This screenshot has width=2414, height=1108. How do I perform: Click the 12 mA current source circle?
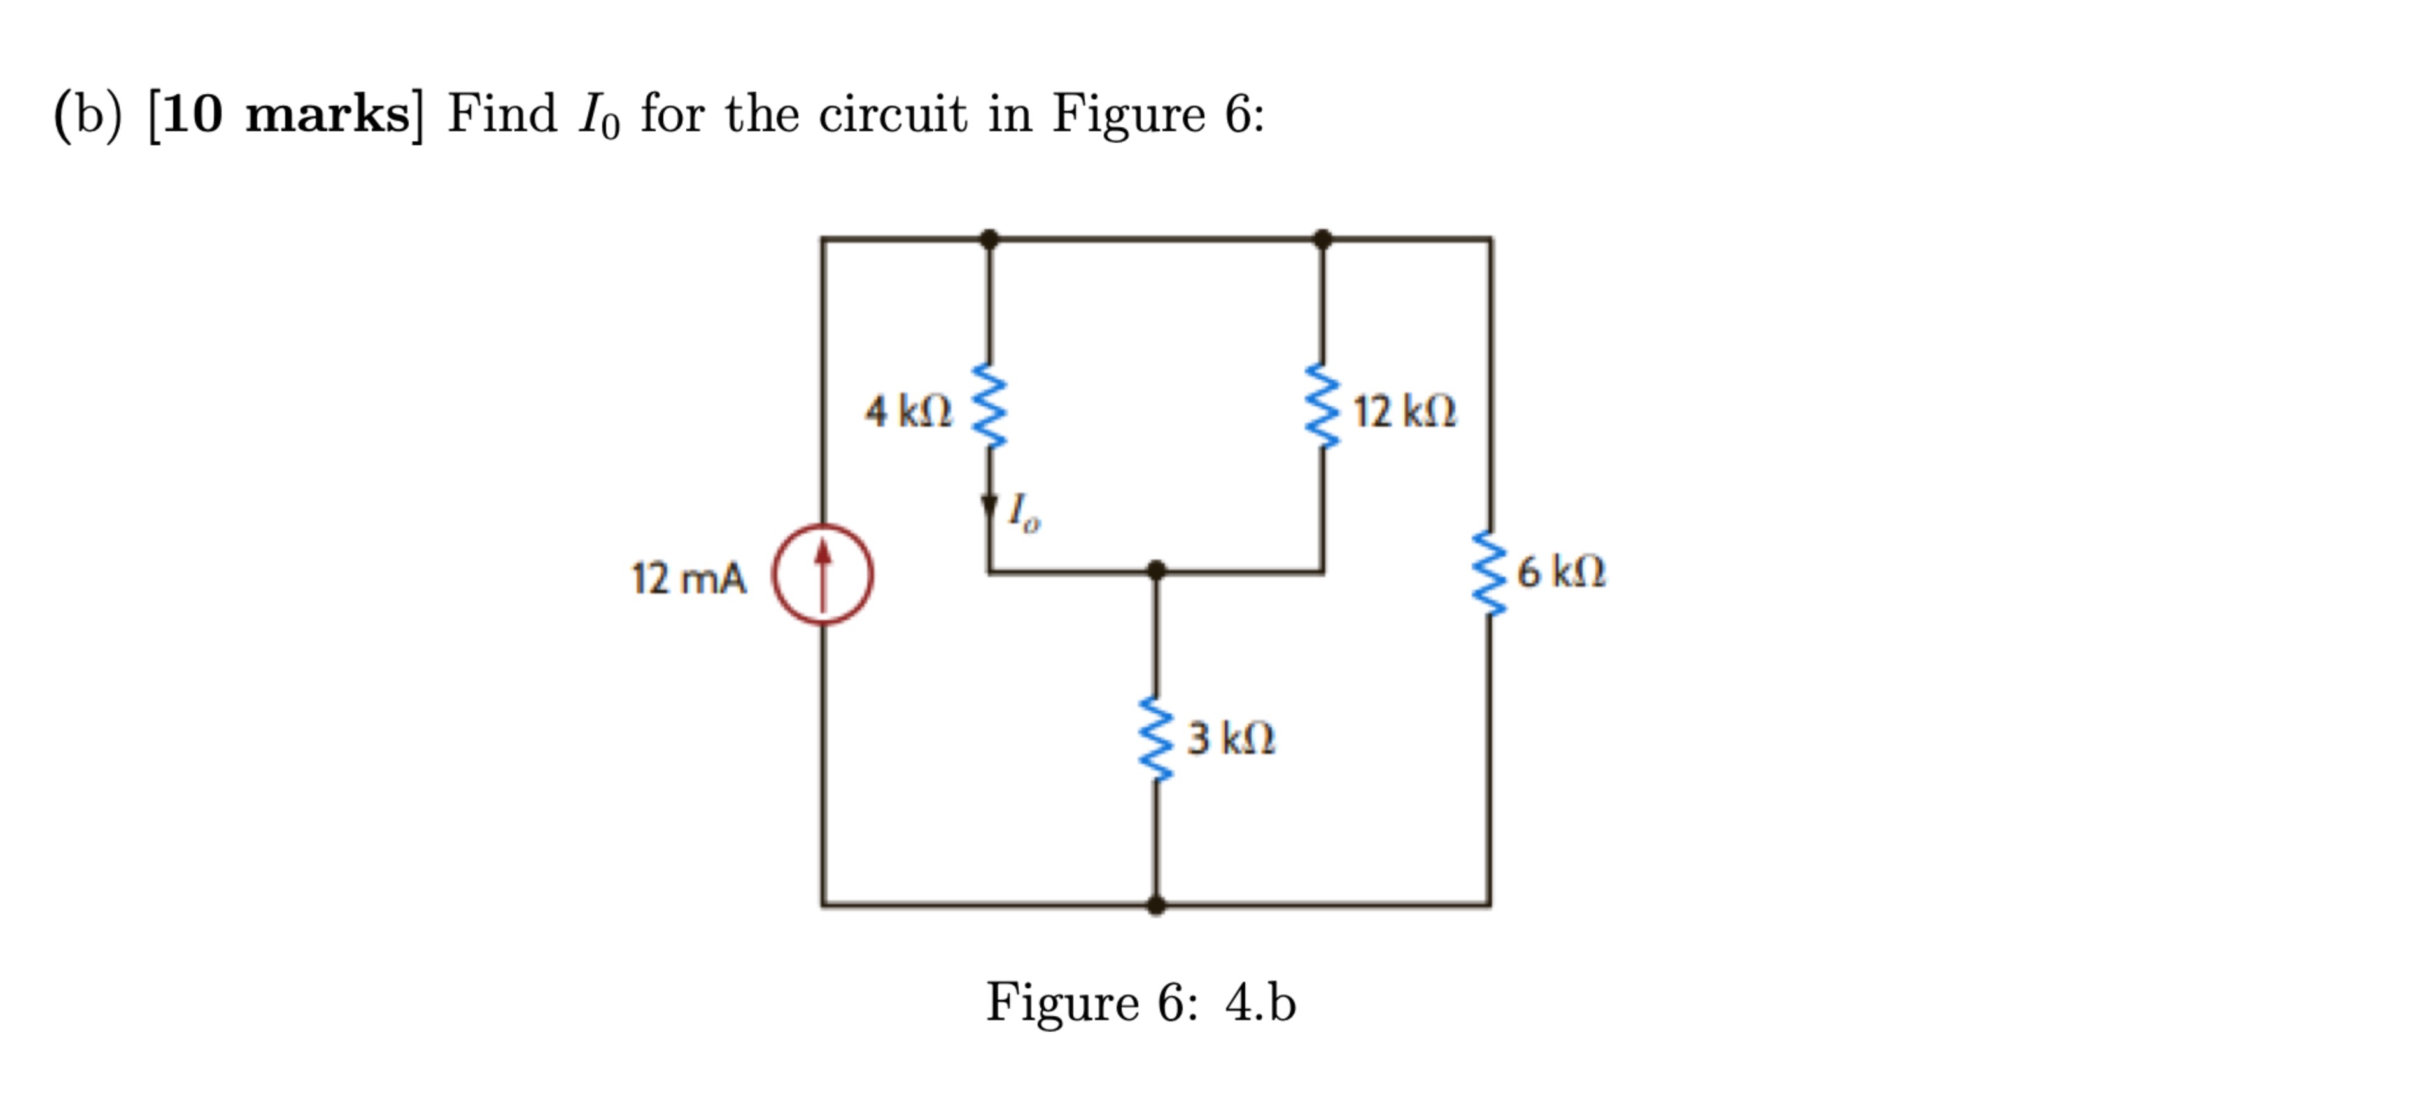pos(822,574)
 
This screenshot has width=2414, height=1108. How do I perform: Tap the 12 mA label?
pos(689,578)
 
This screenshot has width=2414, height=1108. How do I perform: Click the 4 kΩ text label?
pos(907,411)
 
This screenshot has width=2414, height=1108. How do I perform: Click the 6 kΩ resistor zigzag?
pos(1489,572)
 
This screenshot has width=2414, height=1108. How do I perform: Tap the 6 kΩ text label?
pos(1560,571)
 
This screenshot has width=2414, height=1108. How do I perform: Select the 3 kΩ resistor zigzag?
pos(1157,738)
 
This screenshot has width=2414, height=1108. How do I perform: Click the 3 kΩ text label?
pos(1231,739)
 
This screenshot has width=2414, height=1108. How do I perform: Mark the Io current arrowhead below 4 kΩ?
pos(989,505)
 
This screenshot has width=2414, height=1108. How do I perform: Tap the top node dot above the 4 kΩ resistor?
pos(989,238)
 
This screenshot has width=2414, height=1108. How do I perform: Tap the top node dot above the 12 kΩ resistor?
pos(1322,238)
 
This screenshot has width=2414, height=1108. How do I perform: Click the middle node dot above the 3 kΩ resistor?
pos(1157,570)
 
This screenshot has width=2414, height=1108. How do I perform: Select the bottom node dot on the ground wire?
pos(1157,905)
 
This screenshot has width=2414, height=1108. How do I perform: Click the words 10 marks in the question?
pos(286,115)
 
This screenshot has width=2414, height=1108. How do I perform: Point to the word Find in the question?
pos(502,115)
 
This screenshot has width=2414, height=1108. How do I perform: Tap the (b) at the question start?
pos(88,115)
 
